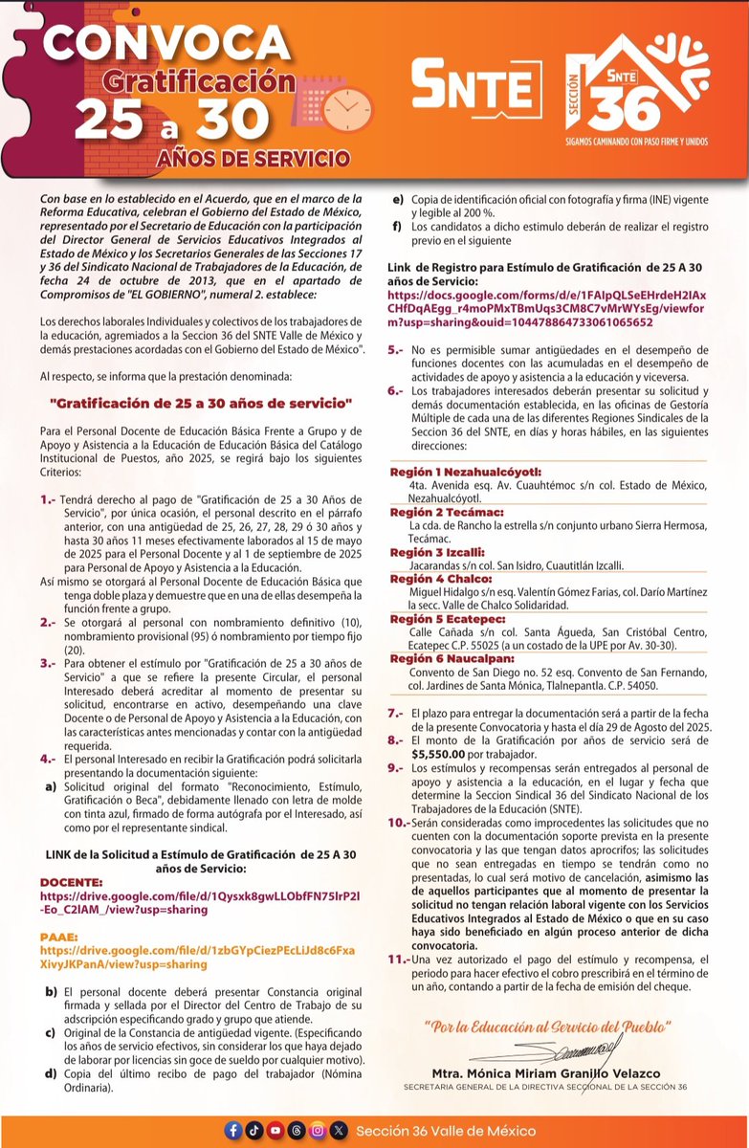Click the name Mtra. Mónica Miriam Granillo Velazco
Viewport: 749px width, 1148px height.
point(547,1073)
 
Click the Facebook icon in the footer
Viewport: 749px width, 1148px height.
point(232,1131)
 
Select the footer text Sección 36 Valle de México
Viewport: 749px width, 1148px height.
point(446,1131)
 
